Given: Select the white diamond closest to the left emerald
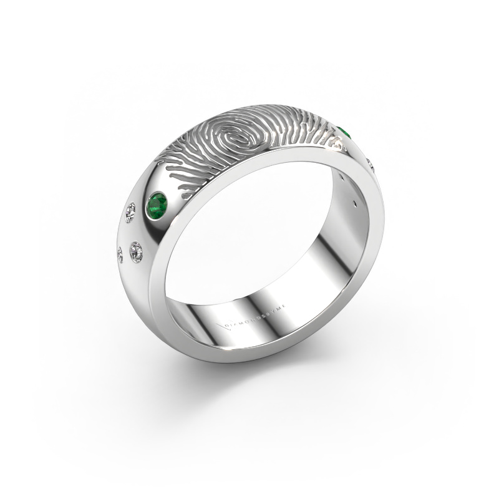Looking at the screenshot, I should tap(131, 212).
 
